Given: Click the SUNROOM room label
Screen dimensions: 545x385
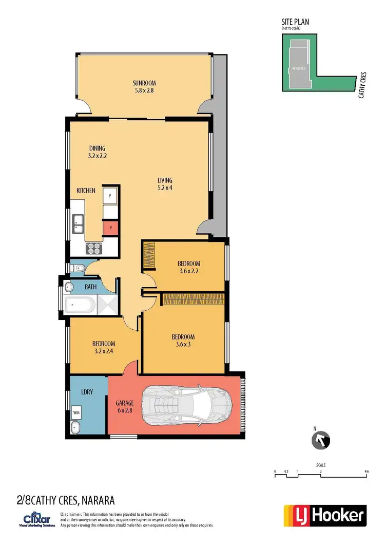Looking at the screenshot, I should coord(144,86).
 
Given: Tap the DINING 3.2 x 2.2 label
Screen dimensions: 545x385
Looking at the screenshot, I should coord(97,152).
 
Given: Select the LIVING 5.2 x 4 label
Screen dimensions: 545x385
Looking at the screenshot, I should coord(165,184).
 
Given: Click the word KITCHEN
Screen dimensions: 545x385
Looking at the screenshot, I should coord(86,191).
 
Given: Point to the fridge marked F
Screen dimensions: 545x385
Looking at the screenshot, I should coord(110,196).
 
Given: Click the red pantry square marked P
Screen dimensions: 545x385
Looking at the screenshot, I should coord(110,228).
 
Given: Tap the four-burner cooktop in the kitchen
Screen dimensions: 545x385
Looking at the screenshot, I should coord(95,248).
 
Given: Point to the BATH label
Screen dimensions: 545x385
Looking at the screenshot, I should coord(91,287).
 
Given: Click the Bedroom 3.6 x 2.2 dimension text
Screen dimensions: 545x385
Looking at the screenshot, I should coord(190,271).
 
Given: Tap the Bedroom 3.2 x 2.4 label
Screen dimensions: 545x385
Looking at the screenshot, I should coord(104,347).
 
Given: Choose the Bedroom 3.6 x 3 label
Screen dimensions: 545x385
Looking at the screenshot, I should coord(183,341).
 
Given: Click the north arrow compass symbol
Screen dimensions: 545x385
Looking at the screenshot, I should coord(321,440).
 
